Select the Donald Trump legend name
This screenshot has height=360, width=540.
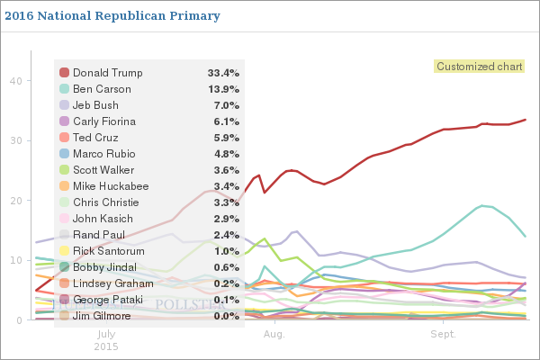pos(108,72)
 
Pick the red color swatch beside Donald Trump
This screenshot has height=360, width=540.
pos(64,72)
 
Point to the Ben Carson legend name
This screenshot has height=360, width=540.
pos(102,89)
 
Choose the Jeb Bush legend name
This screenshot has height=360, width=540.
pos(95,105)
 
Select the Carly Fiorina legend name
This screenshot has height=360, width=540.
pos(103,121)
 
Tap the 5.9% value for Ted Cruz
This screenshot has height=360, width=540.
pos(225,138)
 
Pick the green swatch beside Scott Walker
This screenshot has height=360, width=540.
pos(64,170)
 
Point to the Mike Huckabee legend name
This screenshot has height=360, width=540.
pos(111,186)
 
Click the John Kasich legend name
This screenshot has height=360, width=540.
pos(101,219)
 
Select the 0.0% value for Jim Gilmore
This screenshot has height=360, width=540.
pos(225,316)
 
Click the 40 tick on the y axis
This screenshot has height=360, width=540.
pos(16,80)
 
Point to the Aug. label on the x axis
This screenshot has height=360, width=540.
pos(274,333)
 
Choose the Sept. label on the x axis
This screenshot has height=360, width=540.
pos(443,333)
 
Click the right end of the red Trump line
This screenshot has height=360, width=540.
pos(526,120)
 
